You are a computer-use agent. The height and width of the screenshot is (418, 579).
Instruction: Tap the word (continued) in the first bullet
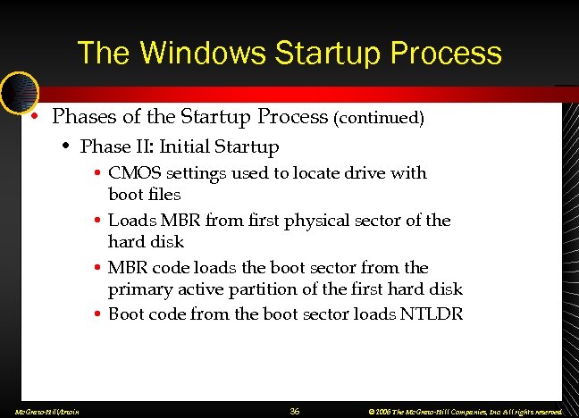[379, 117]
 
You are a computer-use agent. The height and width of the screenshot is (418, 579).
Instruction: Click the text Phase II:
[113, 146]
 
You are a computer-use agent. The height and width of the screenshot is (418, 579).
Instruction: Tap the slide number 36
[295, 411]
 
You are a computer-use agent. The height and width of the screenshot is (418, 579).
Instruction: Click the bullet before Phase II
[66, 146]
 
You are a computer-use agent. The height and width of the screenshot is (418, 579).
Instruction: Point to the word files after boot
[164, 194]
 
